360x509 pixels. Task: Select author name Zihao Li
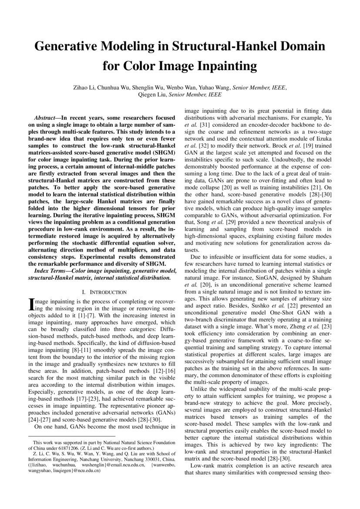[87, 88]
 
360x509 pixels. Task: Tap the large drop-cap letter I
[31, 304]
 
